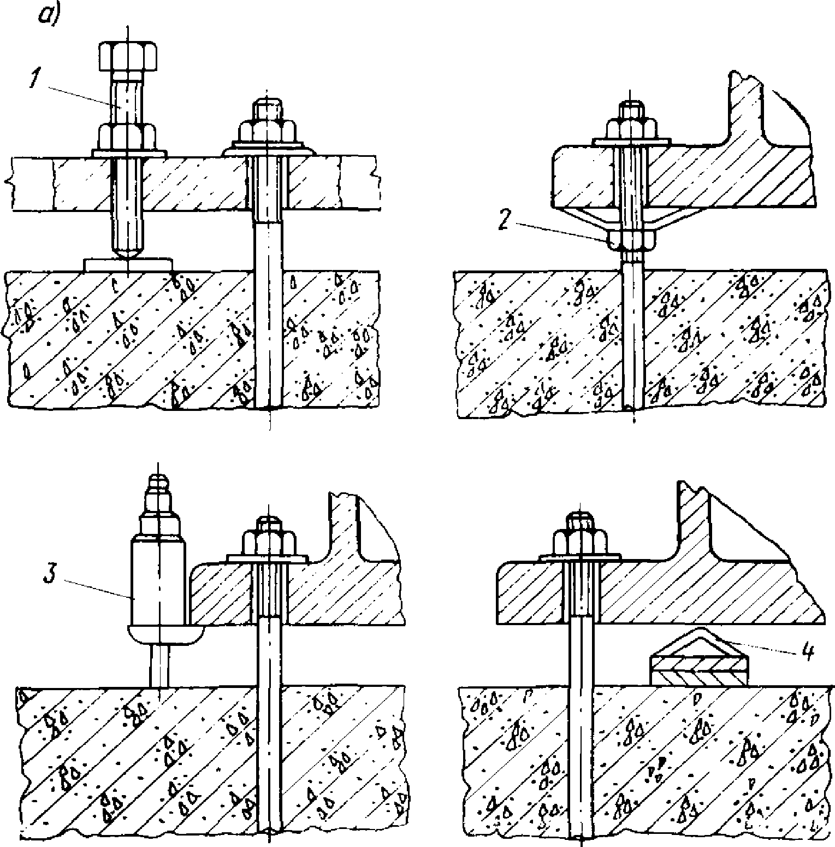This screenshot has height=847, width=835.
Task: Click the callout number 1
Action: click(34, 80)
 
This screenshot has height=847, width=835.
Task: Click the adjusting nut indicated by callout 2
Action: click(630, 239)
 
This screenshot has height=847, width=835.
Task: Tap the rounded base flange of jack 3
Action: click(164, 633)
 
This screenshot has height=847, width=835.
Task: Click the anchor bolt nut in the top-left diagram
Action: click(267, 132)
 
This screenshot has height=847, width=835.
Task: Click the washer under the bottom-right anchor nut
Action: click(581, 557)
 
